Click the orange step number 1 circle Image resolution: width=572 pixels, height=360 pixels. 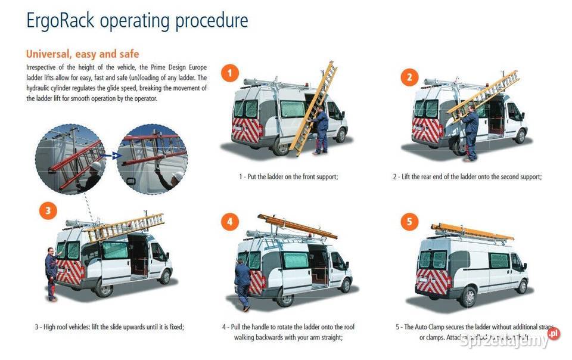pos(230,74)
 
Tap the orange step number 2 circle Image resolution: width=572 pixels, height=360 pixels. pos(409,76)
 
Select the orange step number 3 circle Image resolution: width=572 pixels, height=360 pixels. pos(48,210)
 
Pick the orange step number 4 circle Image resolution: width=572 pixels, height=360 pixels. pos(229,222)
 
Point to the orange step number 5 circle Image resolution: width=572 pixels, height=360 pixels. pos(409,222)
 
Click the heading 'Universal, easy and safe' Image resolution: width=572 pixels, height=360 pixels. pos(83,54)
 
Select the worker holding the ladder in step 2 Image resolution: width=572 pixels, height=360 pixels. pos(471,132)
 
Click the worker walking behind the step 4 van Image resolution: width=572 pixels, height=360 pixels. pos(243,283)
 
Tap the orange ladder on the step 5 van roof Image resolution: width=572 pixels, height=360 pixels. pos(472,232)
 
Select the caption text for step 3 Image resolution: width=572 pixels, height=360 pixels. pos(109,327)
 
